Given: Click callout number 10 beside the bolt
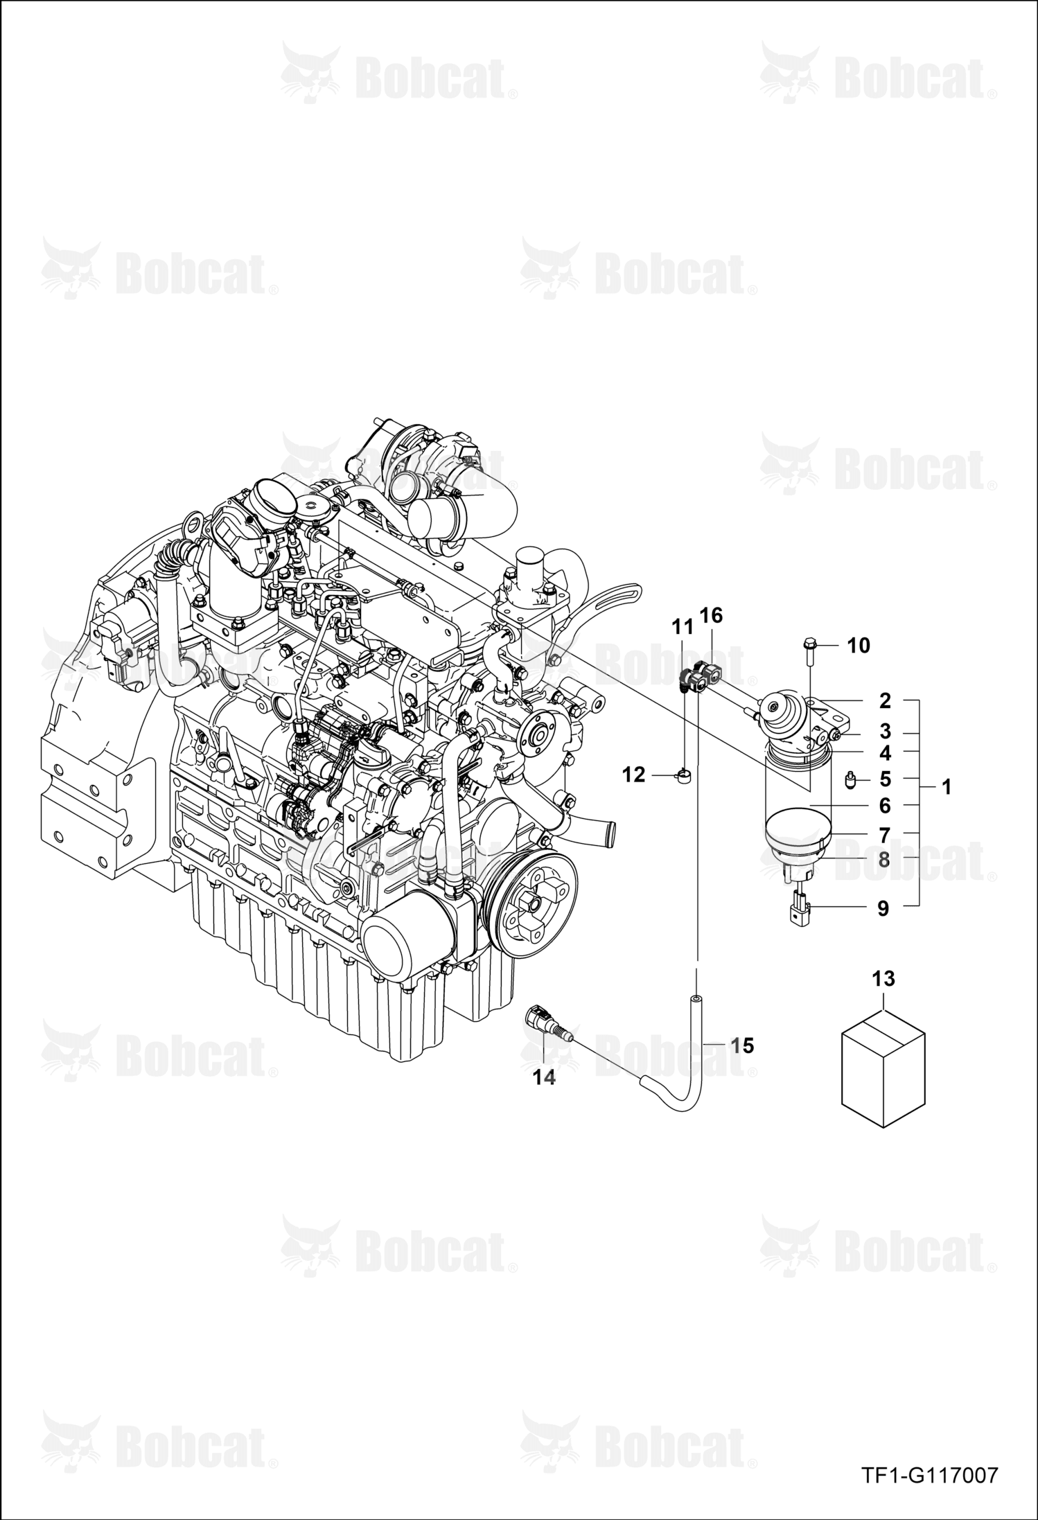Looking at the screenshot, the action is click(859, 646).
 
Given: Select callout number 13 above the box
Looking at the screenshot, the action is click(883, 979).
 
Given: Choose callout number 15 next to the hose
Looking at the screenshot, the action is click(742, 1045).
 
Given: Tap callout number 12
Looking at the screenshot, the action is click(633, 775).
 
